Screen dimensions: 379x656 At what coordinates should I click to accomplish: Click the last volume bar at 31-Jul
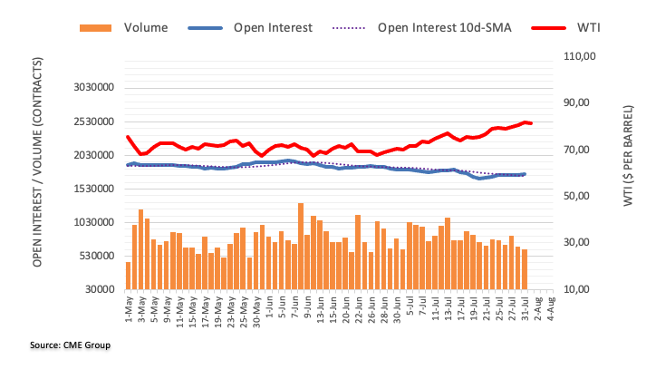525,269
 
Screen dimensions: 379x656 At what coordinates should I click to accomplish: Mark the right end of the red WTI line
531,123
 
